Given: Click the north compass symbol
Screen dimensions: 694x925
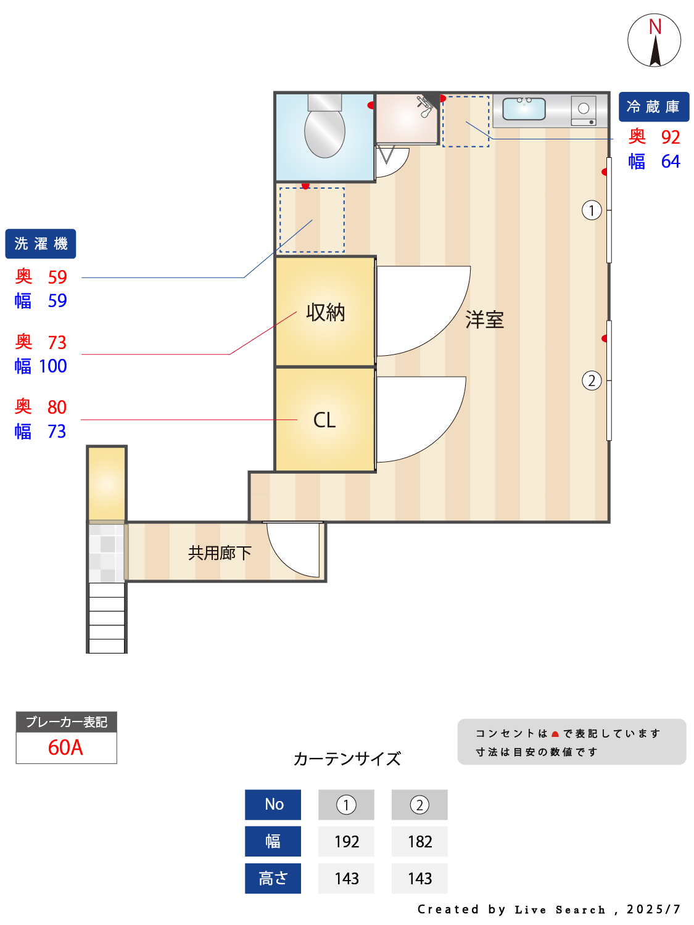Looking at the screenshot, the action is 655,41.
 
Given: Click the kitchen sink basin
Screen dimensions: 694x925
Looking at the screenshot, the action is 524,109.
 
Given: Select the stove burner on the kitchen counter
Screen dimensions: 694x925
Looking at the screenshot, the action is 583,109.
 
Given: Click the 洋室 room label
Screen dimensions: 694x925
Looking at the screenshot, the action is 484,320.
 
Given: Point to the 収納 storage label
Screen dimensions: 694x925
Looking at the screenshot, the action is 325,313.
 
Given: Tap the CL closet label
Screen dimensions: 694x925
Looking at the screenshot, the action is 324,420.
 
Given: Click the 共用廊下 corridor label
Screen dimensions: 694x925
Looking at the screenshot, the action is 220,553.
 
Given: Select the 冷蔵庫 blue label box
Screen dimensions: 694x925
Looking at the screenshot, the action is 653,107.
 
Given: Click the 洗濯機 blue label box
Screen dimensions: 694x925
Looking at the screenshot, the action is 41,244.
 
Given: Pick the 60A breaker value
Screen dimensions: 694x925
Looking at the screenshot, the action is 65,747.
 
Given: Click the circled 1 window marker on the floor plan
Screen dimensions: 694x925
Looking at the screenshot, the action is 592,210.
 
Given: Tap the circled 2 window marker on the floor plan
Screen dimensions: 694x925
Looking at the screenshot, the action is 592,380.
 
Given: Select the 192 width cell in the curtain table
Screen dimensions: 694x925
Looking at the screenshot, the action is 346,841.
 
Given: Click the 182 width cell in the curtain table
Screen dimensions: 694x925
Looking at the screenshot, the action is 419,841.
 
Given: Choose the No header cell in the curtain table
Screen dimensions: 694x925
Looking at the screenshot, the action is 273,804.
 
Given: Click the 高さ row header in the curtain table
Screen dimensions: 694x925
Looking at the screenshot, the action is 273,878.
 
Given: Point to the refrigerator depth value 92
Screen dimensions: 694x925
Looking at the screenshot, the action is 670,137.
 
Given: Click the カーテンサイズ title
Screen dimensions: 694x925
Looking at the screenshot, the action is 347,758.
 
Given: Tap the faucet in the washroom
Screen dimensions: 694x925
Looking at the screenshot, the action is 425,106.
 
